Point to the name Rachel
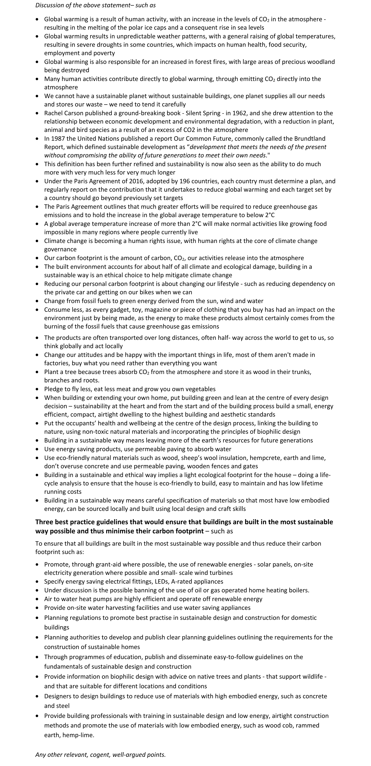tap(53, 113)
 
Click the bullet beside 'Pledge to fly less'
tap(37, 389)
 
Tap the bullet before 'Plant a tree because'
tap(37, 372)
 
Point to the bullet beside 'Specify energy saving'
tap(37, 581)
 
